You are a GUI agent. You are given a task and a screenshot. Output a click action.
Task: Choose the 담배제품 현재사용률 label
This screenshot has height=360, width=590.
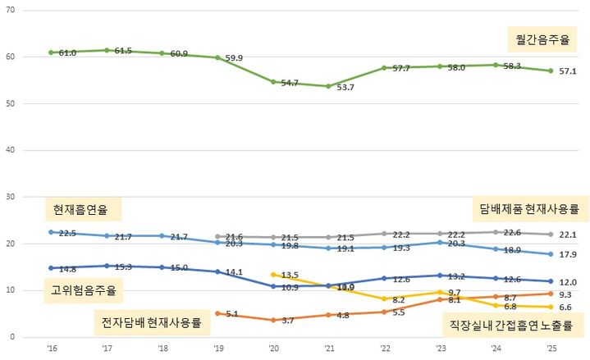click(x=530, y=207)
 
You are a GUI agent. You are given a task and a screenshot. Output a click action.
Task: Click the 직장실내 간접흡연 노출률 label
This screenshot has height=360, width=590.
click(x=510, y=325)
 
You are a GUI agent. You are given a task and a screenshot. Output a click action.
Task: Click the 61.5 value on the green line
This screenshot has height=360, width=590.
click(x=123, y=51)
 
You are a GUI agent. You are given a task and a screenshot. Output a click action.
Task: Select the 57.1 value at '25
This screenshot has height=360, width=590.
click(x=569, y=71)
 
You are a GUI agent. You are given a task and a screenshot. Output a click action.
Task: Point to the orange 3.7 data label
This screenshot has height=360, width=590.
click(x=288, y=320)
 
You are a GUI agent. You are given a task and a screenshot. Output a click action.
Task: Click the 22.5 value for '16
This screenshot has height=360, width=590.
click(x=68, y=233)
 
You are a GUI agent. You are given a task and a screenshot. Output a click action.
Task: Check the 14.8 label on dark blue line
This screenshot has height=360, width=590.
click(x=67, y=268)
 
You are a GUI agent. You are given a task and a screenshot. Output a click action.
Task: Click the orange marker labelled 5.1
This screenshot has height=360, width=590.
click(x=217, y=313)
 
